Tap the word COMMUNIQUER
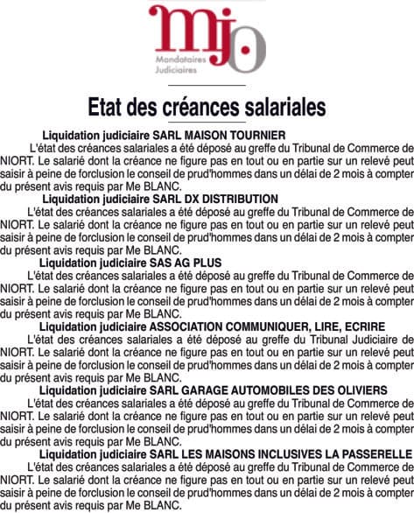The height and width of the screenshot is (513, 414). [270, 326]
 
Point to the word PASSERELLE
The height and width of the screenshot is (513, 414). [371, 453]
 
